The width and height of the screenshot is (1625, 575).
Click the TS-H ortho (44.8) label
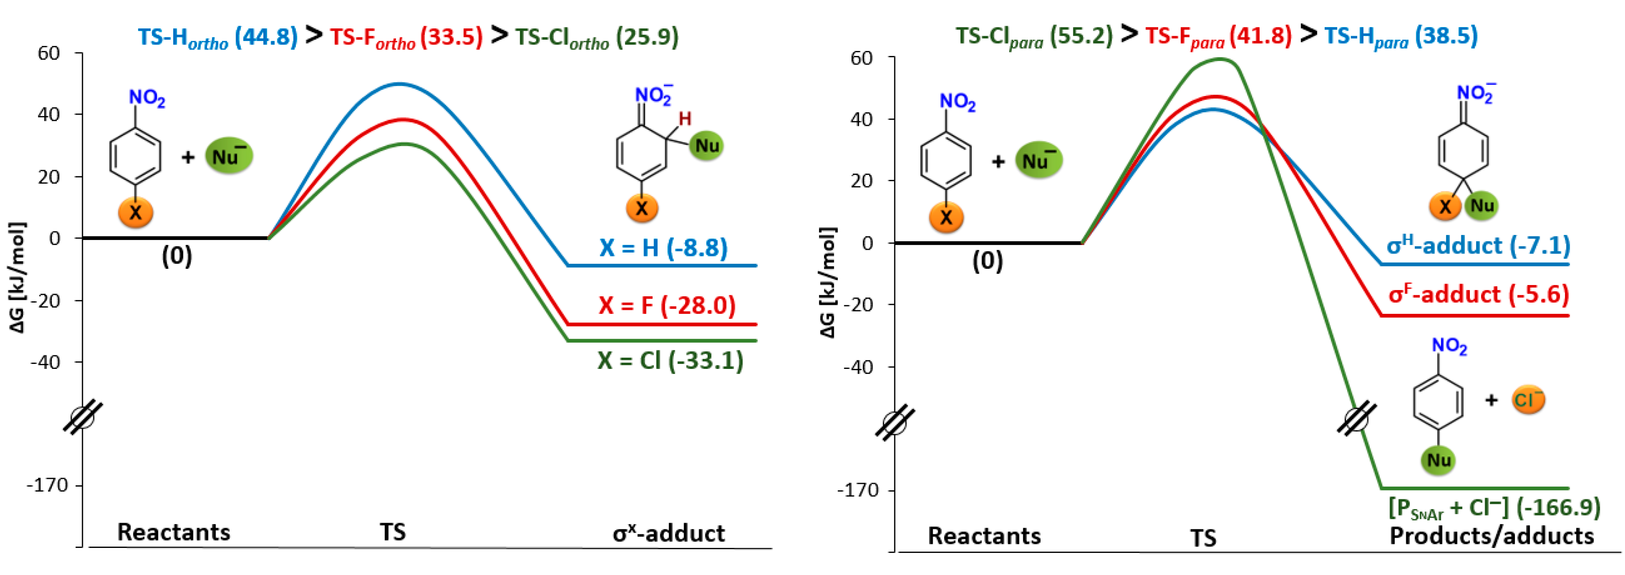pyautogui.click(x=218, y=37)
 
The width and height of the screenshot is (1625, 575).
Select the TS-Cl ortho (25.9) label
pyautogui.click(x=597, y=37)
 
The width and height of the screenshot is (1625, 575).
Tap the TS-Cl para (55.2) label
pyautogui.click(x=1034, y=36)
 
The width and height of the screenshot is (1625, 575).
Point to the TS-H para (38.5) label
pyautogui.click(x=1400, y=36)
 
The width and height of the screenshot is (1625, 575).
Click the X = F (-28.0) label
pyautogui.click(x=667, y=305)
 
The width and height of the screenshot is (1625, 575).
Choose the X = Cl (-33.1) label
pyautogui.click(x=671, y=361)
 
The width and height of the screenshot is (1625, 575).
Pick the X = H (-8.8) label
pyautogui.click(x=663, y=248)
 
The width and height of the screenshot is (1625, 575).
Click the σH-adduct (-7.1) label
pyautogui.click(x=1478, y=245)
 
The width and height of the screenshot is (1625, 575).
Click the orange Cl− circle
pyautogui.click(x=1528, y=400)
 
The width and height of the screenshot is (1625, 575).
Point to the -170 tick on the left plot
pyautogui.click(x=47, y=485)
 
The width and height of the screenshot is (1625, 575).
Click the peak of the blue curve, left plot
pyautogui.click(x=399, y=84)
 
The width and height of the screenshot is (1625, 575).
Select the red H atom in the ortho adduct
pyautogui.click(x=685, y=119)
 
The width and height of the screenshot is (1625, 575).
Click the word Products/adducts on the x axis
pyautogui.click(x=1492, y=536)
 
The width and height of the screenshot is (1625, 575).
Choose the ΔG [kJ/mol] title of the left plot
pyautogui.click(x=17, y=277)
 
